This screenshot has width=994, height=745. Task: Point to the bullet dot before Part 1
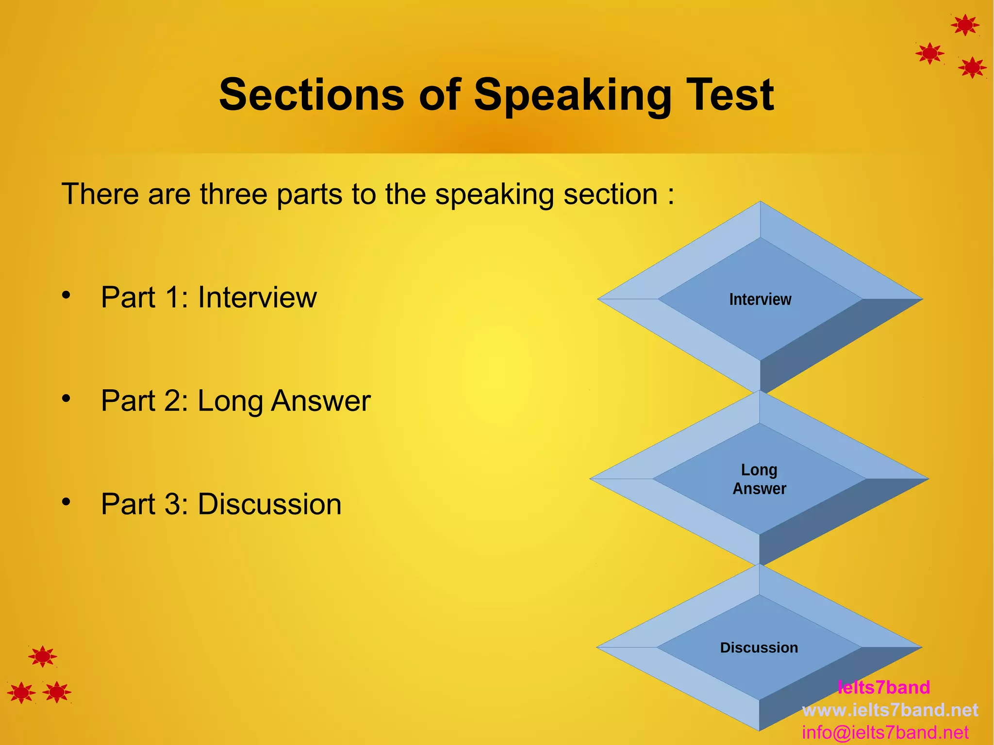66,295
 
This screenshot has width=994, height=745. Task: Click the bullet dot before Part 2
66,398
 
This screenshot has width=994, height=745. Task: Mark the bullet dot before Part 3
66,501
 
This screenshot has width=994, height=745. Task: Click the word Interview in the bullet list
257,298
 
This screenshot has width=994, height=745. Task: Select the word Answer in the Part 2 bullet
321,401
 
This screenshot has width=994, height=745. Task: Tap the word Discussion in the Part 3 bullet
270,504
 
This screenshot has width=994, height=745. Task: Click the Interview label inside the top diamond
760,299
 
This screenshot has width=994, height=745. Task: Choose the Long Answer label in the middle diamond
759,479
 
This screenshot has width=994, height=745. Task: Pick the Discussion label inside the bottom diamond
759,647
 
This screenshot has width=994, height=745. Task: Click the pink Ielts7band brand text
883,687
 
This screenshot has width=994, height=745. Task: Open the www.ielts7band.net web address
890,710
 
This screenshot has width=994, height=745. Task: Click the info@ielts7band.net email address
885,732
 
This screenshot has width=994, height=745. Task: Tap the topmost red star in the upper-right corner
965,25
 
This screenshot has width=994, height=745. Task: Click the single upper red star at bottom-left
43,657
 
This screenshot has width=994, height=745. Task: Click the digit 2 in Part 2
172,401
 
